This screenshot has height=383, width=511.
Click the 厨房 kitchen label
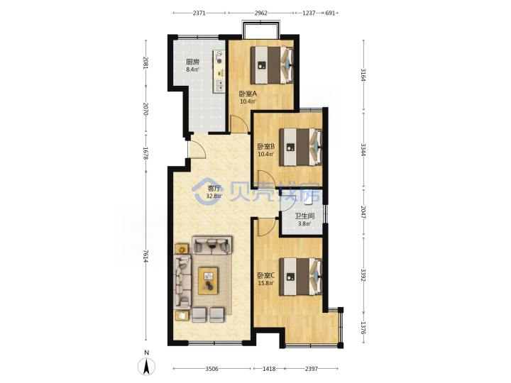[x=192, y=62]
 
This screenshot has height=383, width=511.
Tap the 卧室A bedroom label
[x=248, y=94]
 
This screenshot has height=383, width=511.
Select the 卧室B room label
[x=266, y=147]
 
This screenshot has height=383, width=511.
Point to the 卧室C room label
[x=266, y=275]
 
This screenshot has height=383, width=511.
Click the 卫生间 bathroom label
[x=304, y=216]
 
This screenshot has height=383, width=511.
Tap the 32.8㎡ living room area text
[x=214, y=196]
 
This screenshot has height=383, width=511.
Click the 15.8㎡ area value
[x=266, y=283]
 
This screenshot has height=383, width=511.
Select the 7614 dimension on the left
[x=145, y=256]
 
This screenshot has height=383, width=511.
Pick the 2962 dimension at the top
[x=261, y=13]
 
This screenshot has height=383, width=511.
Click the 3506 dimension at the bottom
[x=211, y=369]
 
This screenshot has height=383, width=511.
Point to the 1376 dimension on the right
[x=363, y=328]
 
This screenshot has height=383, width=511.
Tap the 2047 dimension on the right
[x=363, y=211]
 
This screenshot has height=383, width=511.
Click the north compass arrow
[x=147, y=367]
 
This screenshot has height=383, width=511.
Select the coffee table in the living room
[x=208, y=281]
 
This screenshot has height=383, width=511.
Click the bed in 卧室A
[x=272, y=65]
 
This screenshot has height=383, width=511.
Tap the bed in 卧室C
[x=301, y=277]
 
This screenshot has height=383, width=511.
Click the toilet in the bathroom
[x=308, y=199]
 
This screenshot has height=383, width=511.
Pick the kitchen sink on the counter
[x=220, y=85]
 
